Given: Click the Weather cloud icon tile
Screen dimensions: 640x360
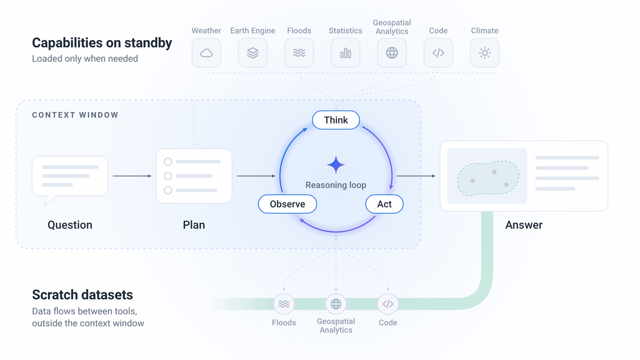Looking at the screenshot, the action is point(206,53).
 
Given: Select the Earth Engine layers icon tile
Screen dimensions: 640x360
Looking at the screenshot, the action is point(252,53).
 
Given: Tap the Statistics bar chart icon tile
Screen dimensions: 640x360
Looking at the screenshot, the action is point(346,53).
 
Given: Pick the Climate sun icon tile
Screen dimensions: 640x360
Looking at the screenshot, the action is point(484,53).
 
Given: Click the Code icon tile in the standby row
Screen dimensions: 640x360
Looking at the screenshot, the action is point(438,53).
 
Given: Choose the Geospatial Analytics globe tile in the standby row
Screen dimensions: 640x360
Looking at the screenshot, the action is point(392,53).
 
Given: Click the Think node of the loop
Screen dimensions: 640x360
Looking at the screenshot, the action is point(336,120).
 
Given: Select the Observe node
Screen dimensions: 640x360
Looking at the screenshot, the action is point(288,204).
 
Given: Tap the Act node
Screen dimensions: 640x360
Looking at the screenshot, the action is point(384,204).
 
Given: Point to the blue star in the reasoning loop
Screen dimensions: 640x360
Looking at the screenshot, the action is point(336,165).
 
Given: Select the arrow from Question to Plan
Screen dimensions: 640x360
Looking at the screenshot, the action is point(132,176).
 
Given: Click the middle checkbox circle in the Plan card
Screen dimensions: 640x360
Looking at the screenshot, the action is point(168,176).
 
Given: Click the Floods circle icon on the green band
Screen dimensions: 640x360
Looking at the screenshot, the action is point(284,304).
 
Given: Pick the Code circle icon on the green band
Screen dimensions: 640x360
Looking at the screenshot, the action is point(388,304).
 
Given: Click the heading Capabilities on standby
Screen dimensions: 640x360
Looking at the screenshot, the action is point(102,43).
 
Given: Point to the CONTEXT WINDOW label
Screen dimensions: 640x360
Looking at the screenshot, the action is point(75,115).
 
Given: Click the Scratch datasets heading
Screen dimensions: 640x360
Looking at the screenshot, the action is point(82,294).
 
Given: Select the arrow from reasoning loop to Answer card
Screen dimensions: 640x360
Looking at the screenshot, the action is point(416,176).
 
